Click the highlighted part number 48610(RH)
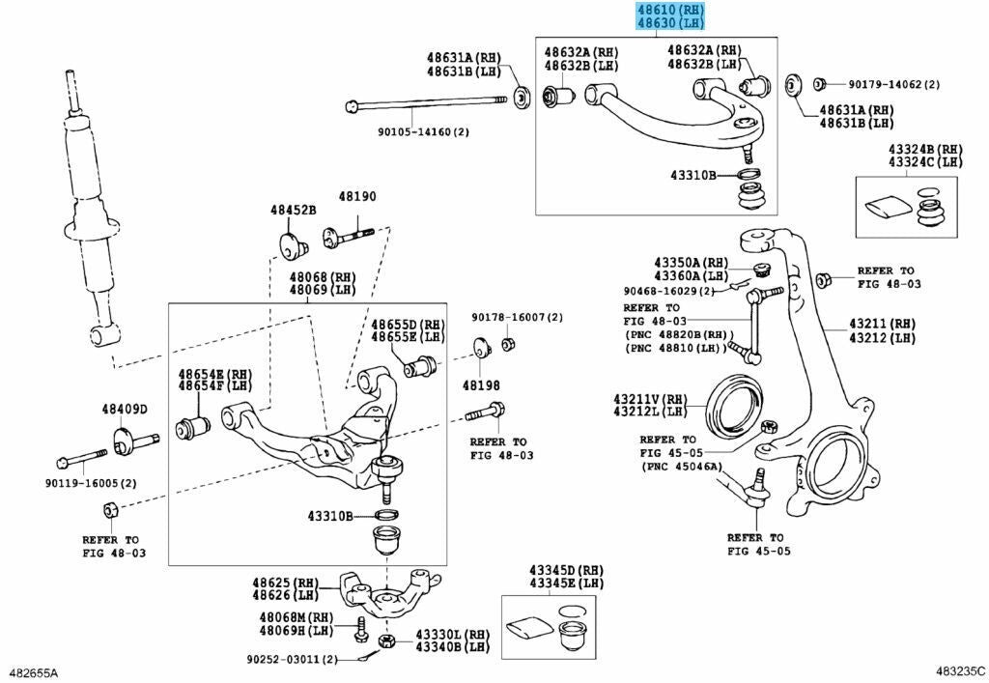tap(670, 11)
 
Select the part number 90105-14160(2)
tap(423, 131)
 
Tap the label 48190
tap(356, 196)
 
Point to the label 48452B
tap(294, 210)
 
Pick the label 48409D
tap(125, 409)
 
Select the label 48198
tap(481, 384)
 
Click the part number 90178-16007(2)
tap(517, 317)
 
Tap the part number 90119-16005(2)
tap(91, 483)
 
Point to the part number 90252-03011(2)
tap(291, 659)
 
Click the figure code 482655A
tap(33, 671)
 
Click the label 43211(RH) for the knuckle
tap(882, 323)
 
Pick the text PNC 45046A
tap(681, 466)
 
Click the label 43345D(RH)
tap(566, 571)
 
